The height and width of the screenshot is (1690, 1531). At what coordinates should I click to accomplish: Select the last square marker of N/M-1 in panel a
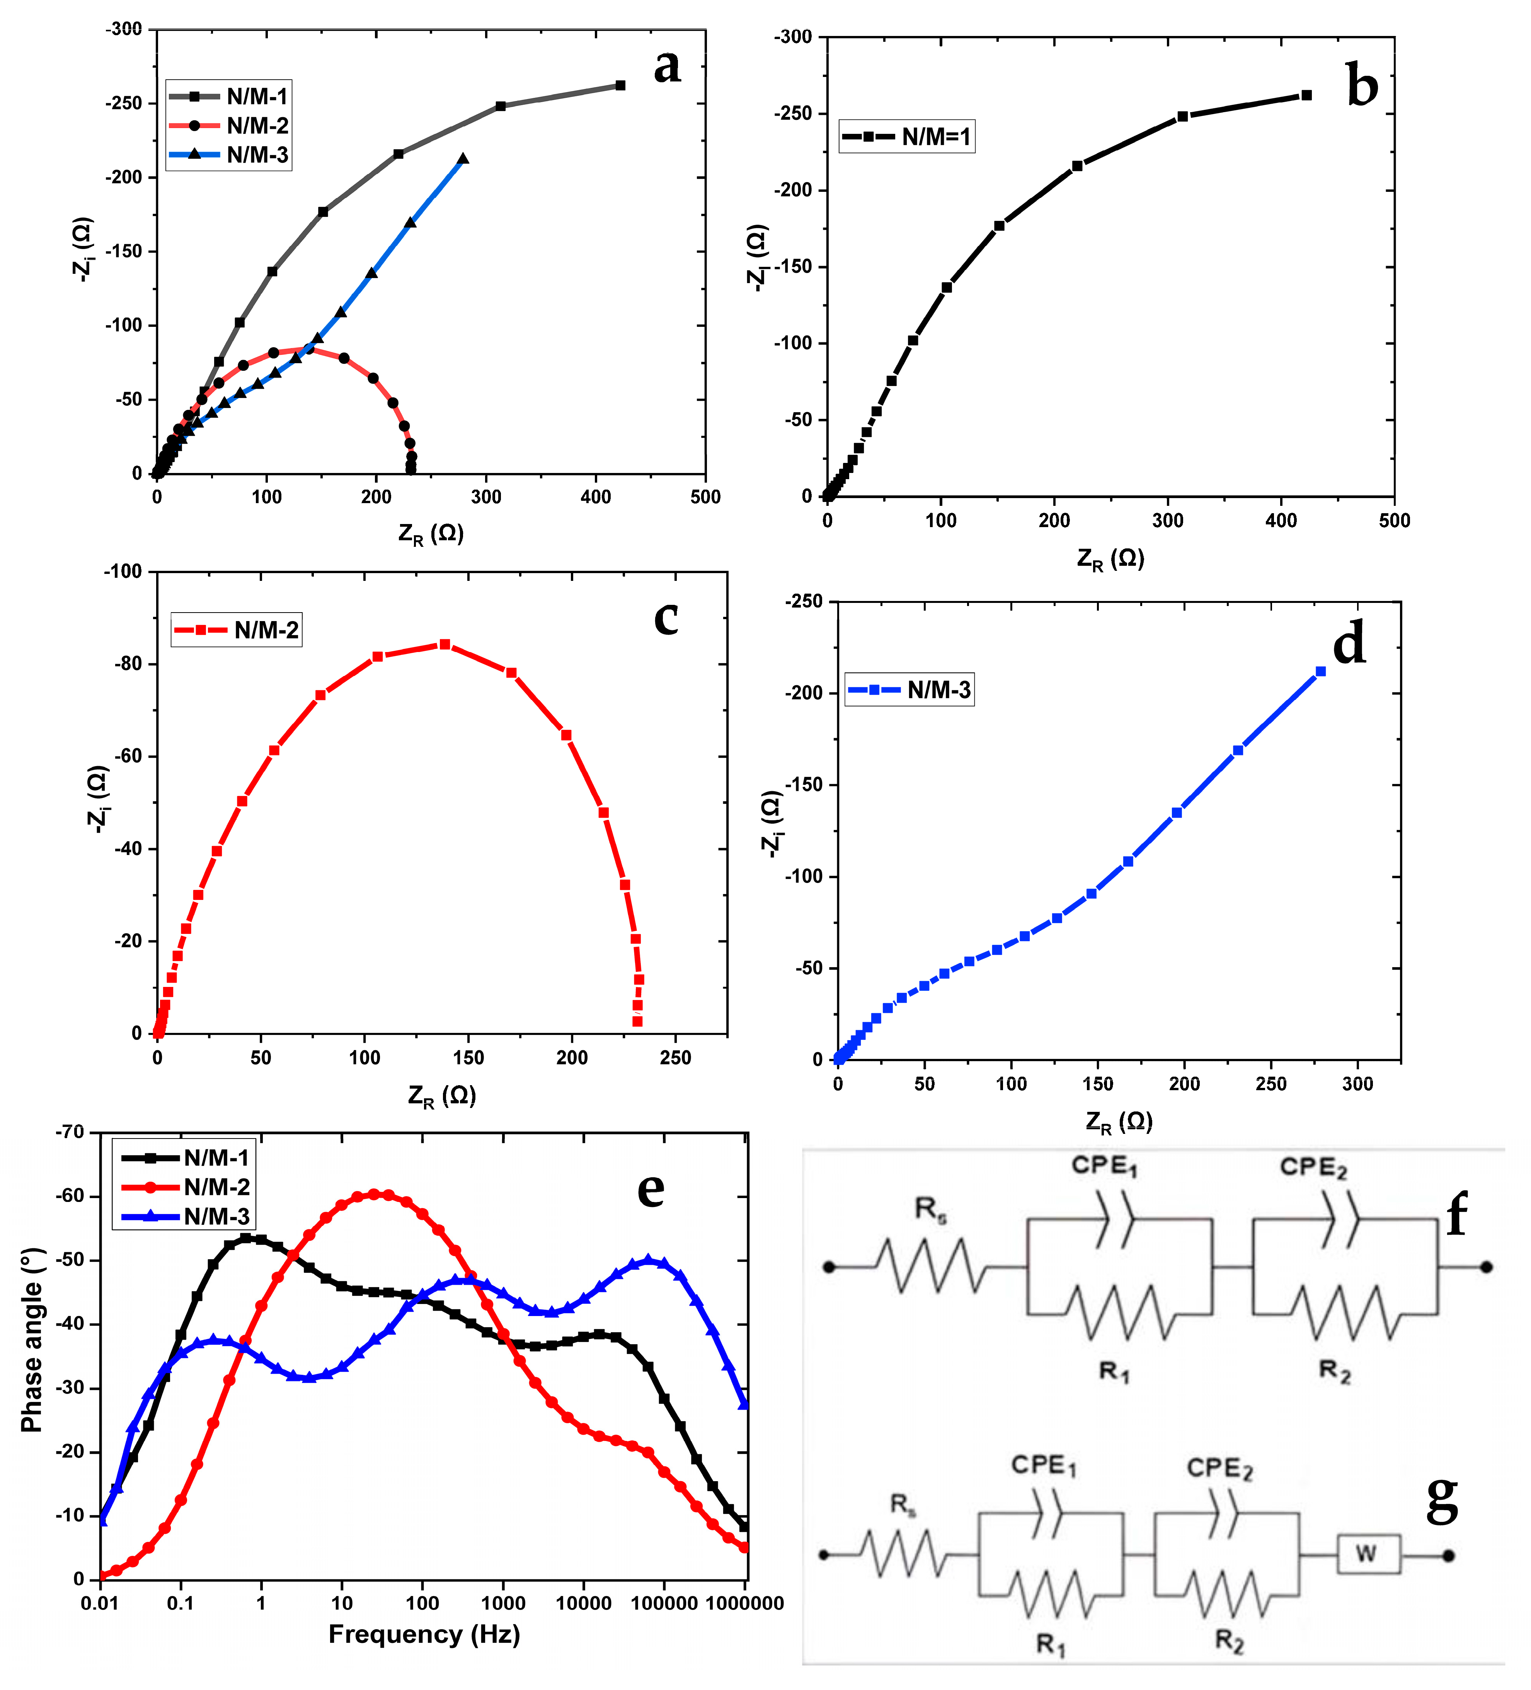point(620,85)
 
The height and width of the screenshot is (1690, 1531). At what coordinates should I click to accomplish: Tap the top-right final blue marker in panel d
point(1321,671)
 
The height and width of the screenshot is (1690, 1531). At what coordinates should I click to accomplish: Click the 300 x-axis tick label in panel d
point(1357,1084)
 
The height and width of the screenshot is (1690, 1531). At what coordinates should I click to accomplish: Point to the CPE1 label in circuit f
point(1104,1165)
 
